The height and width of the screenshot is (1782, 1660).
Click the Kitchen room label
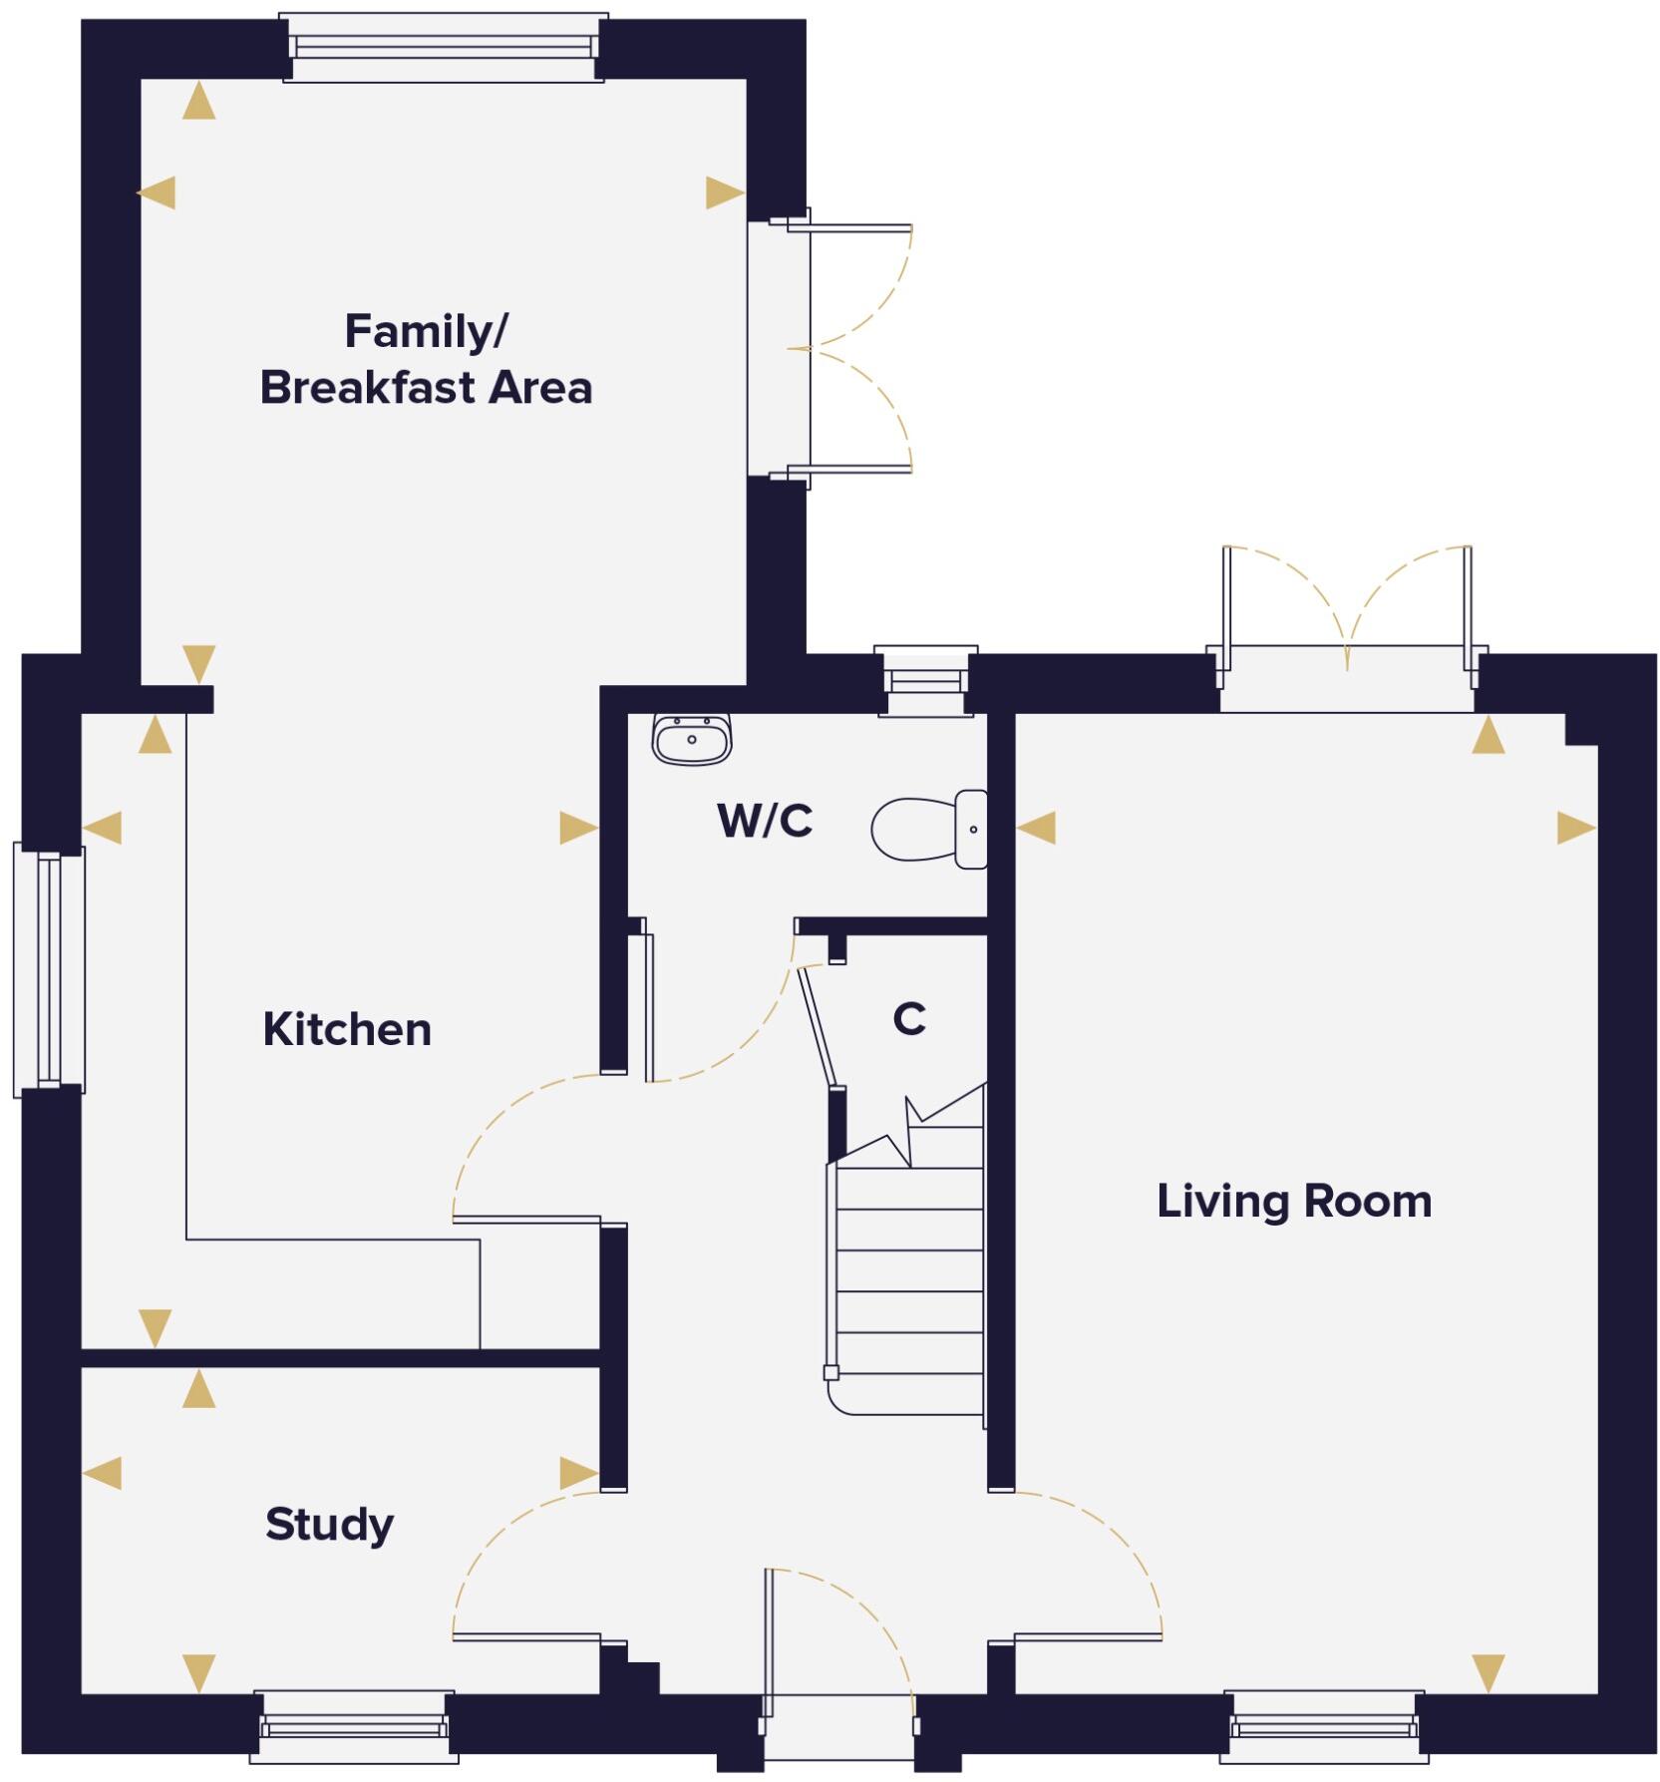(347, 1029)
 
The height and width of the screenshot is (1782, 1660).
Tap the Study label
(329, 1524)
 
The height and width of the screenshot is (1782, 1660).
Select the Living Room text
(1293, 1201)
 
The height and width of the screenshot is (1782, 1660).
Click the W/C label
(765, 821)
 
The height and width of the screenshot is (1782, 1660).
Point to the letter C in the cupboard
(909, 1019)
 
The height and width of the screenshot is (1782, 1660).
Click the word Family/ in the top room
(426, 332)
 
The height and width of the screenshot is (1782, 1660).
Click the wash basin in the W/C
(692, 740)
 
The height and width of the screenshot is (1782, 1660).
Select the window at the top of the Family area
(444, 47)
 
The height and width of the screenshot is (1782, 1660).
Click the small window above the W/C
(925, 681)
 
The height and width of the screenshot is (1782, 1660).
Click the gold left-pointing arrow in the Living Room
(1037, 828)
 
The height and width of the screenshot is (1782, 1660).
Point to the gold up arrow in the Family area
(199, 102)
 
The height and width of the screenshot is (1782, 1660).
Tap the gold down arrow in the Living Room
(1488, 1672)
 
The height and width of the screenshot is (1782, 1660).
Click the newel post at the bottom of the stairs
(830, 1373)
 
